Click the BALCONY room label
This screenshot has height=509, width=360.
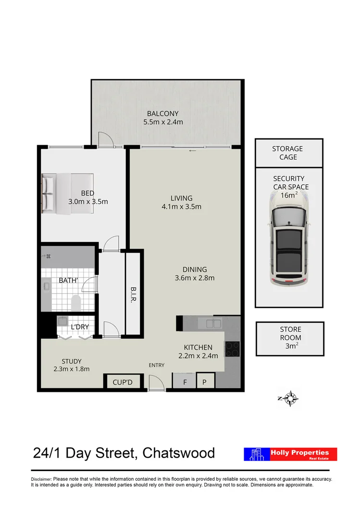pyautogui.click(x=163, y=113)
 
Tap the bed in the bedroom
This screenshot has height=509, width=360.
pyautogui.click(x=67, y=193)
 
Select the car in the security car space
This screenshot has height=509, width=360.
pyautogui.click(x=288, y=247)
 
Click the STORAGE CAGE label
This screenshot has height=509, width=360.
pyautogui.click(x=288, y=153)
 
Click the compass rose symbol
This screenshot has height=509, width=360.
pyautogui.click(x=291, y=398)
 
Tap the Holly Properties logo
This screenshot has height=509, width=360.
pyautogui.click(x=290, y=454)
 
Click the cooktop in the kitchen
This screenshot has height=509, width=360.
pyautogui.click(x=232, y=348)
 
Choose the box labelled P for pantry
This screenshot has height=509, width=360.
pyautogui.click(x=205, y=382)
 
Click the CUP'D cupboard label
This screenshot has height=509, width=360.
pyautogui.click(x=122, y=383)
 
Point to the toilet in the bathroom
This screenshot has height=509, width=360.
pyautogui.click(x=75, y=303)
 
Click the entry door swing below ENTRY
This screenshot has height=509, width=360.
pyautogui.click(x=156, y=383)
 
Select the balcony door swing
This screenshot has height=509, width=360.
pyautogui.click(x=105, y=140)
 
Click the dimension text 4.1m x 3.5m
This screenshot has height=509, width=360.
pyautogui.click(x=181, y=207)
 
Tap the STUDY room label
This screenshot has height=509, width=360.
pyautogui.click(x=71, y=361)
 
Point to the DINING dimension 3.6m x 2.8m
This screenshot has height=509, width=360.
pyautogui.click(x=194, y=278)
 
